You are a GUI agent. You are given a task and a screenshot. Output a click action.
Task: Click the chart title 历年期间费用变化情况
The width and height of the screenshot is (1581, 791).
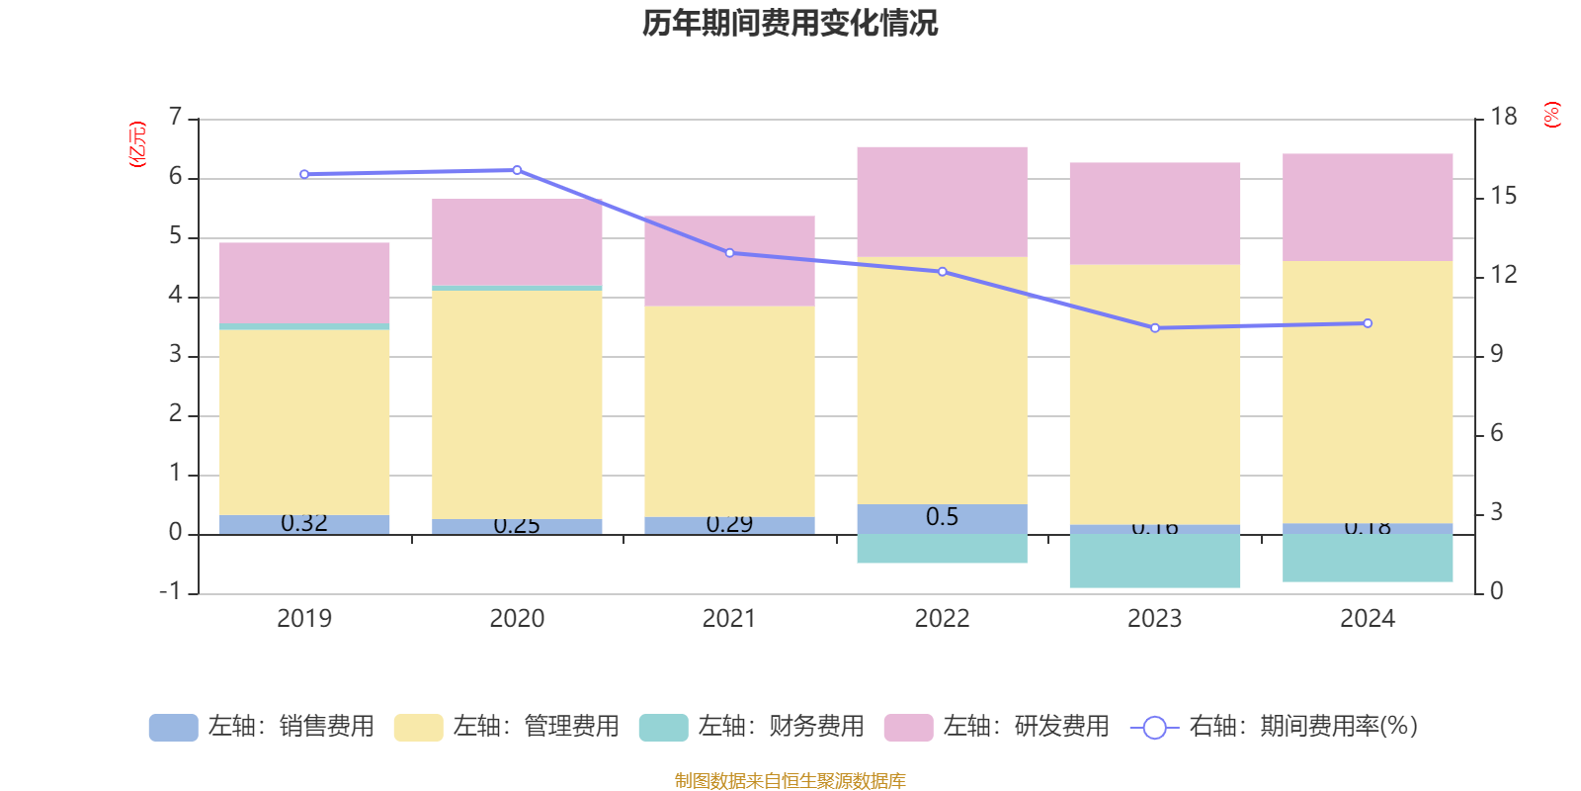coord(790,23)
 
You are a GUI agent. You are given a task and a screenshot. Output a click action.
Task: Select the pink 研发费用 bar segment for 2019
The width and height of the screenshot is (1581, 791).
coord(304,283)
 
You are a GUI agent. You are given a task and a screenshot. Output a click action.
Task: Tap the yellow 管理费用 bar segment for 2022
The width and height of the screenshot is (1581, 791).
coord(942,381)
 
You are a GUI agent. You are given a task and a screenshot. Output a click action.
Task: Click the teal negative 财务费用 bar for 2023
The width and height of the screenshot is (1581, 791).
coord(1154,561)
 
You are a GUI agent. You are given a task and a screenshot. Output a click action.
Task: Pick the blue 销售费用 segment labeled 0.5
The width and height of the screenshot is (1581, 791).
coord(942,518)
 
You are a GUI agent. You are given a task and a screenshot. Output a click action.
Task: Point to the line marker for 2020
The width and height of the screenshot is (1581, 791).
coord(517,170)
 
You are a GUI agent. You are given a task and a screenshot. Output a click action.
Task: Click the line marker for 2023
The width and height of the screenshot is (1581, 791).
coord(1154,327)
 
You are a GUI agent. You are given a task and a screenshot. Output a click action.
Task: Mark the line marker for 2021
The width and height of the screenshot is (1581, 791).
coord(729,253)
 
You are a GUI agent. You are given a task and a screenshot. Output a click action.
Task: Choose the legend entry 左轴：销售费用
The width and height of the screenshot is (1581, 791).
coord(262,727)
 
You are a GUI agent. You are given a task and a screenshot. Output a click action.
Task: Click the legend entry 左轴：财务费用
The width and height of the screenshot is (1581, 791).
coord(751,727)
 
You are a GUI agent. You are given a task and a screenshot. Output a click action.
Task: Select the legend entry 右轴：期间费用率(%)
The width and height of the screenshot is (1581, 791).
coord(1275,727)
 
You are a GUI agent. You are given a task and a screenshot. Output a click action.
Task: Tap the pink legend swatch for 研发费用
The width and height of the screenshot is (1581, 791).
coord(908,727)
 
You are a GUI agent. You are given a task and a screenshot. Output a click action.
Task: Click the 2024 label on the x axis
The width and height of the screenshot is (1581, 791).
coord(1367,618)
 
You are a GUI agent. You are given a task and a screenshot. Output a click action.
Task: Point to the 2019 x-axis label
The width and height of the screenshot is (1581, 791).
coord(304,618)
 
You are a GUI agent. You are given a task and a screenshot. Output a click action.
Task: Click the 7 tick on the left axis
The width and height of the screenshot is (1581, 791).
coord(176,117)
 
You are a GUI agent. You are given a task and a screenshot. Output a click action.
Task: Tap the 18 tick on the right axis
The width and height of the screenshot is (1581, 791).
coord(1504,117)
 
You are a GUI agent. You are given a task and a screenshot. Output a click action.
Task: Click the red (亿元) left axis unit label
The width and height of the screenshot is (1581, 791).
coord(137,144)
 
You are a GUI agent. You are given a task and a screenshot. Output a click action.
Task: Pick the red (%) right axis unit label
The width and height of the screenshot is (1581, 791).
coord(1551,115)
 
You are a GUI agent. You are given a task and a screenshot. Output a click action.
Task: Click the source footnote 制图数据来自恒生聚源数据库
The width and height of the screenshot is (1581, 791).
coord(790,781)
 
